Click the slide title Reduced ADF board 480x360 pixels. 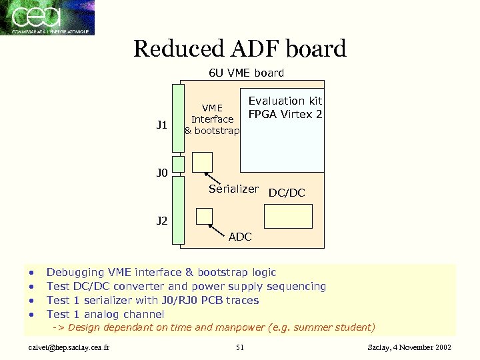[240, 49]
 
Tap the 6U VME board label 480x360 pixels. [246, 73]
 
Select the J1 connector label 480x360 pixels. [161, 124]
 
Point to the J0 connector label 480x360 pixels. [161, 174]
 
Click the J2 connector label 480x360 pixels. [161, 221]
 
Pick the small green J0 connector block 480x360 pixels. [177, 164]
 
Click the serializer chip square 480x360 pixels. [202, 162]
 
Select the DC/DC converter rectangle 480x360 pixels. [288, 216]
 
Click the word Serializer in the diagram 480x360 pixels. [233, 189]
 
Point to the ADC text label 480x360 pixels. [240, 237]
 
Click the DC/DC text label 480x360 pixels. [287, 193]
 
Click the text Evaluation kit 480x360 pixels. [285, 101]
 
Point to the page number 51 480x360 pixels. [240, 347]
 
